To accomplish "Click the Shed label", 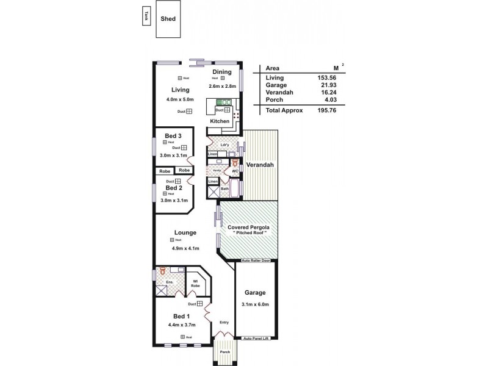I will tap(168, 18).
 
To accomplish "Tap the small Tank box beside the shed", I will tap(146, 16).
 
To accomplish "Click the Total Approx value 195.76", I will tap(326, 110).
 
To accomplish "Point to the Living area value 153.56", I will tap(326, 77).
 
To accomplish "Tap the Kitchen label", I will tap(220, 121).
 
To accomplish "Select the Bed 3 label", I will tap(173, 135).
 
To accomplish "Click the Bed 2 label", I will tap(174, 188).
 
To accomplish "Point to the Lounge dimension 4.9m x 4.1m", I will tap(185, 248).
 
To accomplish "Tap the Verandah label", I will tap(259, 165).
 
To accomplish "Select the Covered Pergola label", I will tap(248, 228).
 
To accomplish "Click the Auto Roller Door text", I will tap(256, 260).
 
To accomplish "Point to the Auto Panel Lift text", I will tap(256, 338).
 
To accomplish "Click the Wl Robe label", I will tap(196, 284).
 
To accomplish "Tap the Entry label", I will tap(224, 323).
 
